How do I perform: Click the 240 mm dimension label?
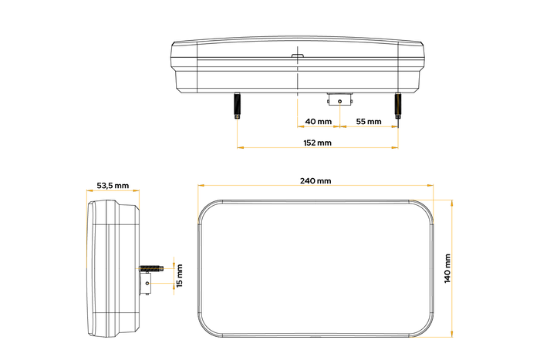click(315, 181)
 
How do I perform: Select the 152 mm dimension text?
click(317, 143)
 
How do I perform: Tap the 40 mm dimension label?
click(319, 122)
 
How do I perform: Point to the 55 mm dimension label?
click(369, 122)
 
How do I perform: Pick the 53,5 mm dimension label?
click(113, 186)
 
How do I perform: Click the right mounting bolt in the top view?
click(398, 106)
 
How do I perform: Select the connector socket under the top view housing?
click(339, 99)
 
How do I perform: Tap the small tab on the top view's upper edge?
click(297, 55)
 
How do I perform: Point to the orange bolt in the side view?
click(150, 268)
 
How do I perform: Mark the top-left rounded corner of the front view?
click(208, 209)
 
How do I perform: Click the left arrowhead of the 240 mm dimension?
click(200, 186)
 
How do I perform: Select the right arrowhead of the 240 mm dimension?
click(429, 186)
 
